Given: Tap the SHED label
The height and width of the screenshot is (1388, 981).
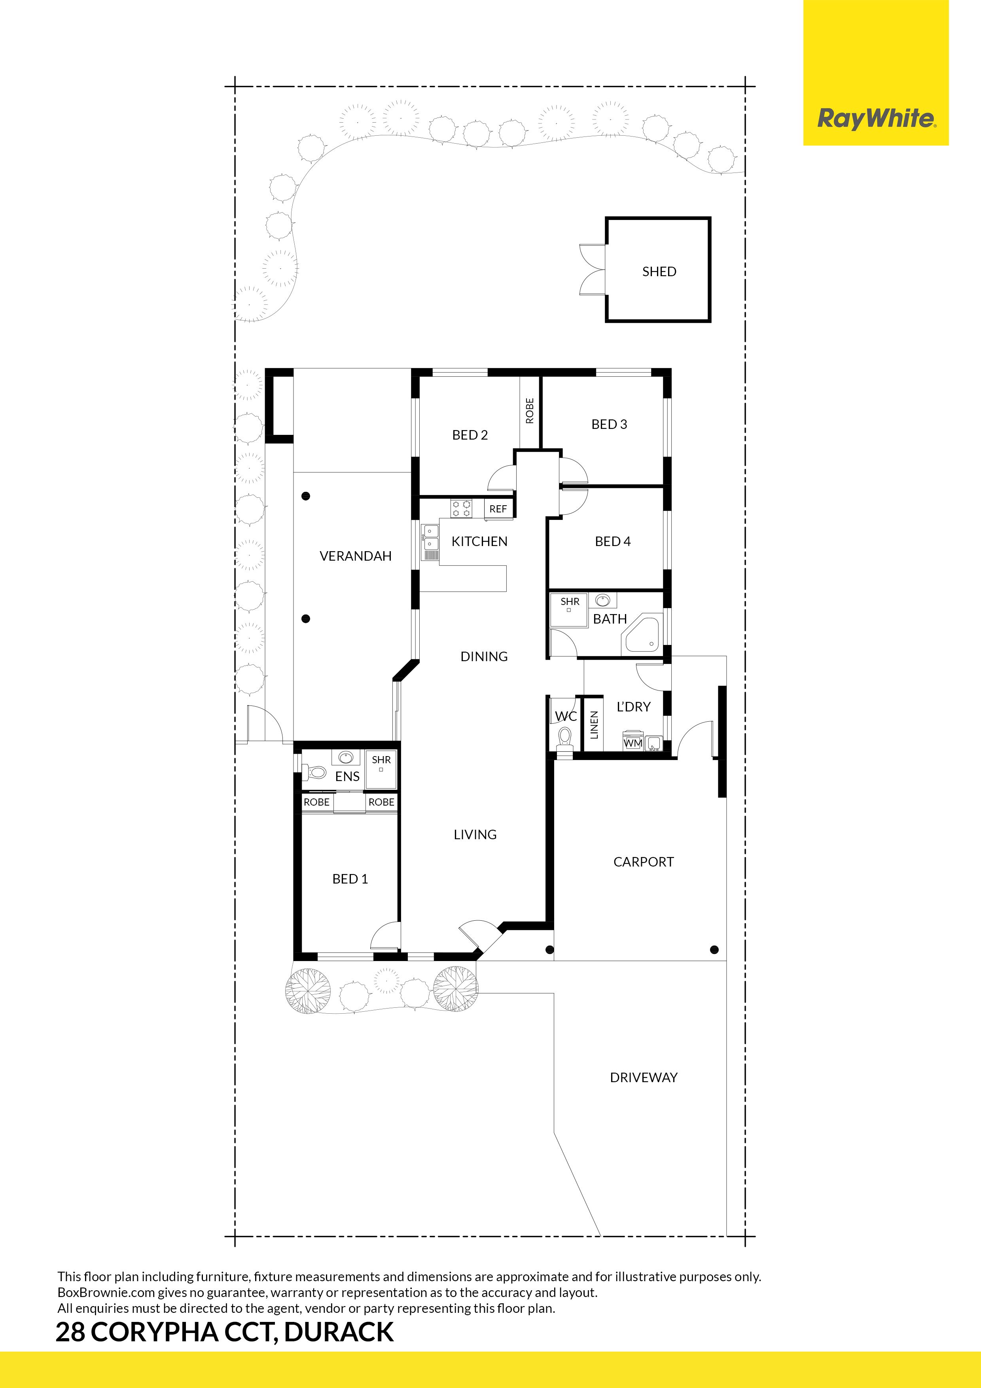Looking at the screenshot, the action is point(659,271).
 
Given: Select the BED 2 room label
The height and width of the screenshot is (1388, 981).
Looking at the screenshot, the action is point(470,435).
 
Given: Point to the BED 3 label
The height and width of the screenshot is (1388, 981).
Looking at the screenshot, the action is point(609,425).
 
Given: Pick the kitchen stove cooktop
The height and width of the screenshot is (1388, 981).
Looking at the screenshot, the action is point(461,508).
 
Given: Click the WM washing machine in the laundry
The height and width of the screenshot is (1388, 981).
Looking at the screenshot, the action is point(633,742).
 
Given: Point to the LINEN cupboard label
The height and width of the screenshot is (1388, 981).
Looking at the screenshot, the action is point(594,725).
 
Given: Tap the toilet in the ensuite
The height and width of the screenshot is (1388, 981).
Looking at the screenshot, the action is point(314,772).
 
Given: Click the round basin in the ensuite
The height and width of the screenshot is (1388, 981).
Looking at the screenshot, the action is point(346,757).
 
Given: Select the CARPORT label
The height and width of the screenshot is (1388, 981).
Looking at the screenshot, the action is point(643,862).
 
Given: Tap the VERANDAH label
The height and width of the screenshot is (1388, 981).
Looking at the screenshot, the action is point(355,556).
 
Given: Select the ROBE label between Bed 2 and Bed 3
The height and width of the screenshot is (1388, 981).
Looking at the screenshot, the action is point(530,410).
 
